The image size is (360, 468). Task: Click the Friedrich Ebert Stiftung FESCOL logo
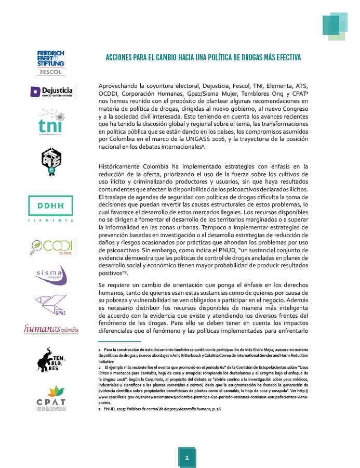50,63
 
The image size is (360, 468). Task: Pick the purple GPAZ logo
51,304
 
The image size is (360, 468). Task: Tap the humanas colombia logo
51,329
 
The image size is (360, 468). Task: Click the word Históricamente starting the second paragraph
121,166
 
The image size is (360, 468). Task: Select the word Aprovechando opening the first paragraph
122,85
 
